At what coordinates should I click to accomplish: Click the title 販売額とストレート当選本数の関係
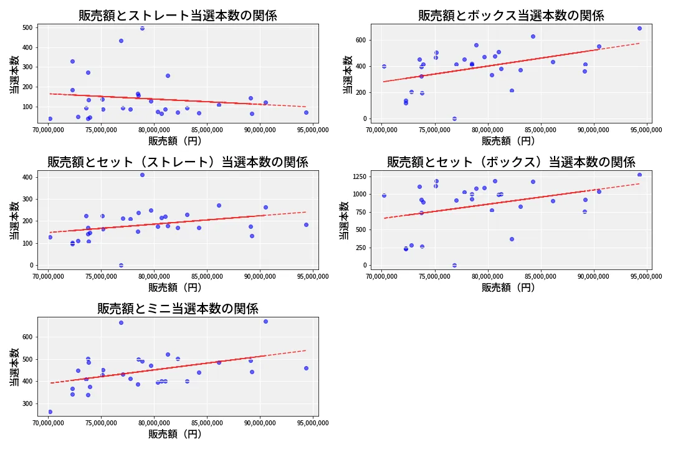coord(178,16)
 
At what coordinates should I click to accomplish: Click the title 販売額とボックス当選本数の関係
coord(511,16)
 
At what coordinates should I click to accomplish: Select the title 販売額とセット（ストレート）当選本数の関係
coord(178,162)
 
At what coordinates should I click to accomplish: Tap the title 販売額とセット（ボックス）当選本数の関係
coord(511,162)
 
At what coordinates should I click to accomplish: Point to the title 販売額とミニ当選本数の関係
coord(178,309)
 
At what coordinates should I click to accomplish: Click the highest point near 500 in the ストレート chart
coord(142,28)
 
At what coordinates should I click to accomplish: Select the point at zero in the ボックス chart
coord(454,118)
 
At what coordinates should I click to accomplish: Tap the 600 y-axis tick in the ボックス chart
coord(360,40)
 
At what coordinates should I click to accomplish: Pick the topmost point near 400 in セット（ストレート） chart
coord(142,175)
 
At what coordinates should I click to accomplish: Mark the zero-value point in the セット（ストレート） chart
coord(121,265)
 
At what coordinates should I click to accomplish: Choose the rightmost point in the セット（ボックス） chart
coord(639,175)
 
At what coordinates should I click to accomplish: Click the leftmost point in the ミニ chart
coord(50,412)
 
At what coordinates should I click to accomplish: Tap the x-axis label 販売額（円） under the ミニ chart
coord(178,434)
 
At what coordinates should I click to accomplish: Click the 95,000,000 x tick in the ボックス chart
coord(646,130)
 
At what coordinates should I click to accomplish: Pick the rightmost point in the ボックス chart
coord(639,28)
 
